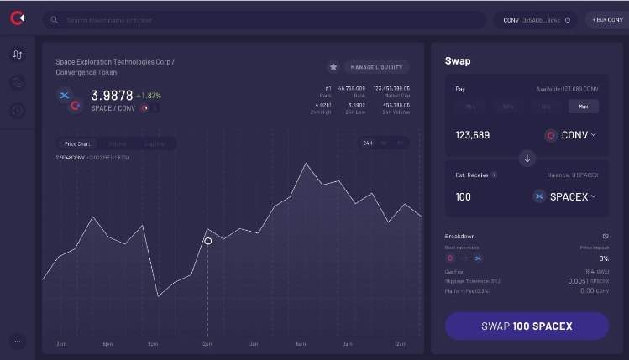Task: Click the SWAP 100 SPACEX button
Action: click(x=527, y=326)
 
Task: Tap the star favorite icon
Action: click(x=333, y=67)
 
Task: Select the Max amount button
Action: click(x=583, y=107)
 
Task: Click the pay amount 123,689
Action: click(x=473, y=135)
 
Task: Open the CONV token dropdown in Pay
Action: click(x=571, y=135)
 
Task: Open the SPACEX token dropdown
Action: click(x=564, y=196)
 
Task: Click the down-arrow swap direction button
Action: click(x=527, y=158)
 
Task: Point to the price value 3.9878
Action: click(x=112, y=96)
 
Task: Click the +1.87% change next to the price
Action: click(x=149, y=96)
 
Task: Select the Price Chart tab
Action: click(x=77, y=144)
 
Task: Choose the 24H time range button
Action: click(x=368, y=143)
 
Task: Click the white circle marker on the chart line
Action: click(x=207, y=241)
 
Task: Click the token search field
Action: click(x=265, y=19)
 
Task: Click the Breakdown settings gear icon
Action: click(x=605, y=237)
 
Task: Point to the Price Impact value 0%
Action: click(x=603, y=258)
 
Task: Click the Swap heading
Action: click(x=458, y=61)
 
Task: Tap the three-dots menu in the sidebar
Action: click(x=18, y=341)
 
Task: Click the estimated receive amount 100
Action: click(x=464, y=196)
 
